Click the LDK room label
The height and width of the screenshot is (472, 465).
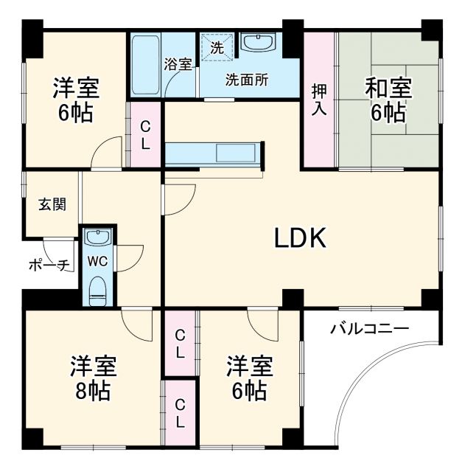click(300, 237)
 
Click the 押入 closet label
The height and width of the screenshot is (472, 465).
click(319, 100)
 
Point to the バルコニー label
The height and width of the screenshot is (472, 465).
click(369, 329)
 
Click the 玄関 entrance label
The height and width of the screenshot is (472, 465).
click(52, 204)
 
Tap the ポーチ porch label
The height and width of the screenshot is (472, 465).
click(49, 264)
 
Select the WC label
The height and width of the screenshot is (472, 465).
click(97, 260)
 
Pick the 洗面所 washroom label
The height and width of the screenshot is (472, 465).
click(246, 80)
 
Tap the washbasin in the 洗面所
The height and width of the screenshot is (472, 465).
click(257, 44)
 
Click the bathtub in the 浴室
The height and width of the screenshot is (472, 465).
click(145, 64)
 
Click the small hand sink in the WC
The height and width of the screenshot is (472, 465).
click(97, 237)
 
